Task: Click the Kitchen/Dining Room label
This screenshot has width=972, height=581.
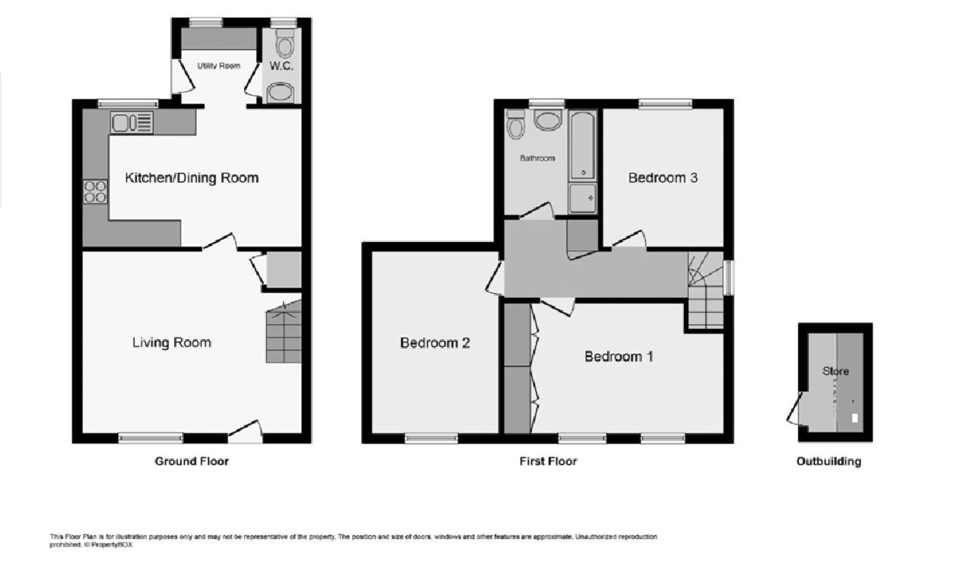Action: tap(192, 178)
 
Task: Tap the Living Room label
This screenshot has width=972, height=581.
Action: tap(172, 343)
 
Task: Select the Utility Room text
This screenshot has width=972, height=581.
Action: tap(219, 66)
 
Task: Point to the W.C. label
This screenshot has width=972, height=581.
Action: tap(281, 66)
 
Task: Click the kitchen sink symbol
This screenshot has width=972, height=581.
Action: tap(132, 122)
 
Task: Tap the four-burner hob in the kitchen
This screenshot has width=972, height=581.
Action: tap(96, 192)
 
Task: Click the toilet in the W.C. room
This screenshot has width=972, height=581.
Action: tap(285, 43)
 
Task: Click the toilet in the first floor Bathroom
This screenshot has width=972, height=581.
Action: tap(516, 124)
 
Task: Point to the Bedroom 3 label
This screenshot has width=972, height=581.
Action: tap(663, 178)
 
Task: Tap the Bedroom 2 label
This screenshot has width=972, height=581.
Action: tap(435, 343)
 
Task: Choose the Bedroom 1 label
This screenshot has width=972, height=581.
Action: tap(619, 357)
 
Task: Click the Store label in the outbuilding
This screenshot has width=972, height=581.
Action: tap(836, 372)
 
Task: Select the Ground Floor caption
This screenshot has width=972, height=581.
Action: tap(192, 461)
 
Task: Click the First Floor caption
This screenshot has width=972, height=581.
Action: tap(548, 461)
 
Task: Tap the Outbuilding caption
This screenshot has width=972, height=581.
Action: tap(829, 461)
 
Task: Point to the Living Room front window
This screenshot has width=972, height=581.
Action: tap(151, 438)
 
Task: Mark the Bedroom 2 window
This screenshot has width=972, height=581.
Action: tap(432, 438)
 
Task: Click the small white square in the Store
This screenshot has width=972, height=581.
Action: tap(855, 418)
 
